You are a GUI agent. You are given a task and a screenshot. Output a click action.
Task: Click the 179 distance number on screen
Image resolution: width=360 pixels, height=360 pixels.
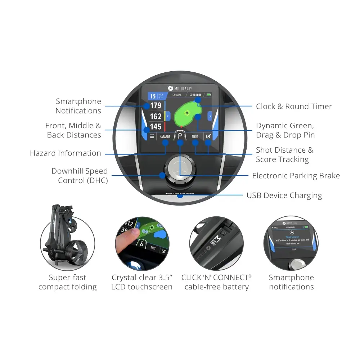pos(156,106)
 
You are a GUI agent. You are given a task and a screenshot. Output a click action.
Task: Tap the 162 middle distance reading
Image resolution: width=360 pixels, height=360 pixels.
pos(156,116)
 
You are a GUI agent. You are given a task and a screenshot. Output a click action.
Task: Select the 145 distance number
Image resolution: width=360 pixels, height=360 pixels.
pos(156,126)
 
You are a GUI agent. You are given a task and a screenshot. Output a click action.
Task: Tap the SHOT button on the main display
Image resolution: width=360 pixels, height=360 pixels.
pos(195,137)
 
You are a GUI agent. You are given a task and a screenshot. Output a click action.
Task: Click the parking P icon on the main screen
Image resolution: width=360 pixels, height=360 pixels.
pos(180,136)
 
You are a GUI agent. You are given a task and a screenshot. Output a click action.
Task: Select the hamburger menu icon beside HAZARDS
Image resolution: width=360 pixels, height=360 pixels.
pos(152,137)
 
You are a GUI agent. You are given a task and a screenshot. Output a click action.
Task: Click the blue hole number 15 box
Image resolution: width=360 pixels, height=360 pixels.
pos(153,96)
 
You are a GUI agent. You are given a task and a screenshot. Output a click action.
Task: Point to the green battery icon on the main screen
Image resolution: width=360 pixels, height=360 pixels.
pos(209,95)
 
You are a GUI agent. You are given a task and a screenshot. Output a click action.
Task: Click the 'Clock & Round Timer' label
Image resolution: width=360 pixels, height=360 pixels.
pos(294,107)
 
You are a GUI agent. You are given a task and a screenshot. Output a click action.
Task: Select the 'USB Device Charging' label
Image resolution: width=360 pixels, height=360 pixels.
pos(284,195)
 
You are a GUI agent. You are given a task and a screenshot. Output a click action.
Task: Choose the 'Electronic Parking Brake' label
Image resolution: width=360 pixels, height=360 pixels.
pos(296,176)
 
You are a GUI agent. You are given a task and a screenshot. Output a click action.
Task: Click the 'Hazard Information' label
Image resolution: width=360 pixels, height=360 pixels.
pos(66,153)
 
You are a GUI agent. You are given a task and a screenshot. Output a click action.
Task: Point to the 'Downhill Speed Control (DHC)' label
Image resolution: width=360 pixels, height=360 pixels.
pos(80,176)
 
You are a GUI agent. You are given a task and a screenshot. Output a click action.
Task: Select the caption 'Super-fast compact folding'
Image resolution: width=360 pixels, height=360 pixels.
pos(68,282)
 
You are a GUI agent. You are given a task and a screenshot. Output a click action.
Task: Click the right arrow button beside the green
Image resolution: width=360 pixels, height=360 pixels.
pos(210,116)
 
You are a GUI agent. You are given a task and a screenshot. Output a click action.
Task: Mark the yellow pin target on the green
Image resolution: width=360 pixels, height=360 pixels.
pos(187,113)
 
